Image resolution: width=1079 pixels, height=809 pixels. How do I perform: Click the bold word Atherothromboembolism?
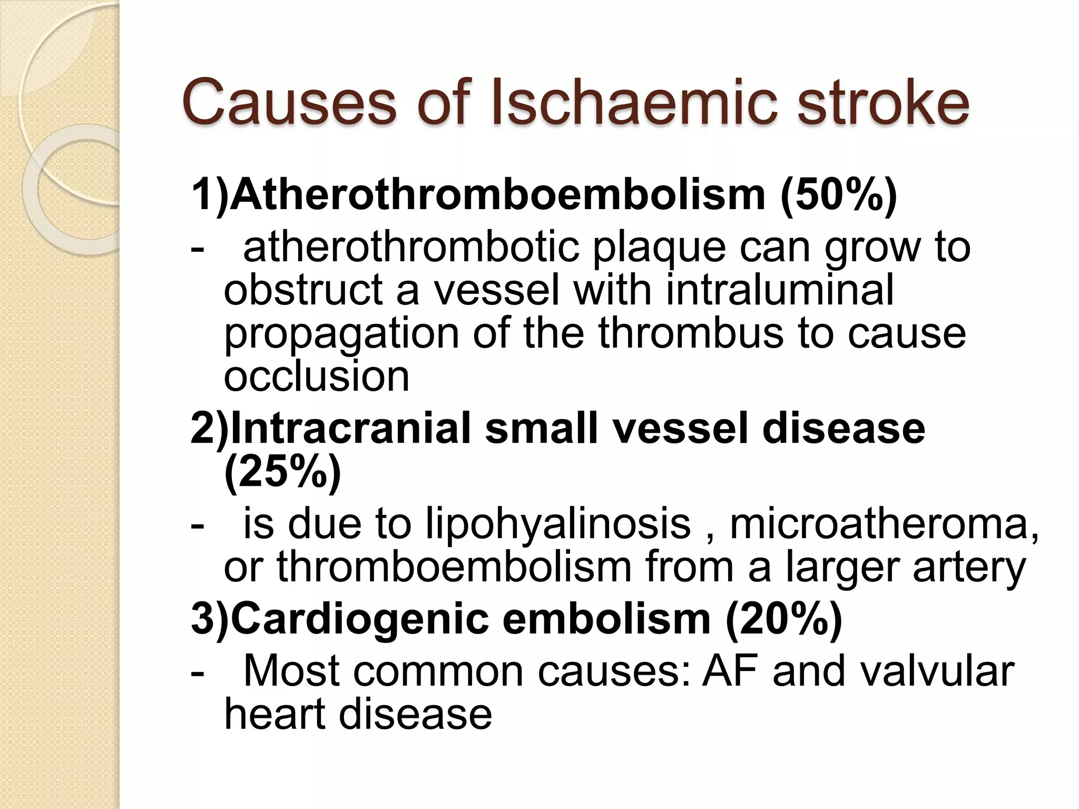pos(498,195)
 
